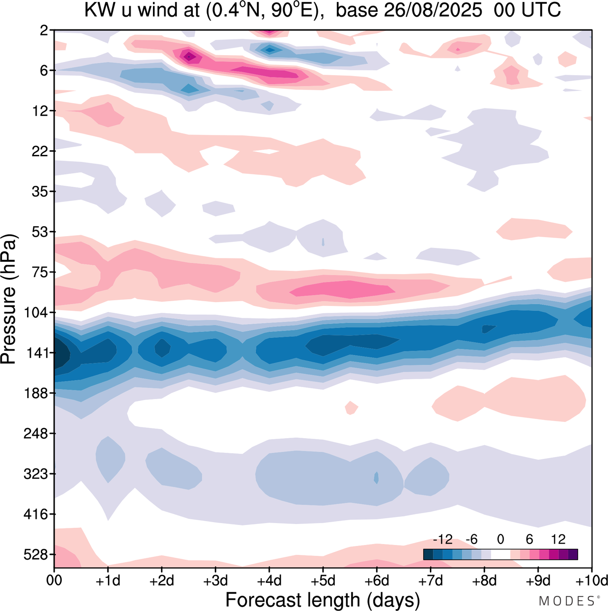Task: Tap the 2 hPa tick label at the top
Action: pos(44,30)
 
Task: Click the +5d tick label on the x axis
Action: pos(323,581)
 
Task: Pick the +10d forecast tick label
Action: pos(591,581)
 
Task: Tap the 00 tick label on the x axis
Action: pos(54,581)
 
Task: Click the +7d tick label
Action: pos(431,581)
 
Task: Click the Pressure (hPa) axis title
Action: pos(9,299)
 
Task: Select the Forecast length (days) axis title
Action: pos(323,600)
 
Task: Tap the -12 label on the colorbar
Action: pos(443,539)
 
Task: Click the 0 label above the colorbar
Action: pos(501,539)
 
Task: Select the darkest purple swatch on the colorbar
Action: pos(573,554)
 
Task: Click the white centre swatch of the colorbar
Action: pos(501,554)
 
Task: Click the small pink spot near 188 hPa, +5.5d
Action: pos(351,408)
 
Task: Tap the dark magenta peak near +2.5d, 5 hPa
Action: pos(189,57)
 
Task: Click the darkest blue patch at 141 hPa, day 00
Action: pos(61,354)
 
